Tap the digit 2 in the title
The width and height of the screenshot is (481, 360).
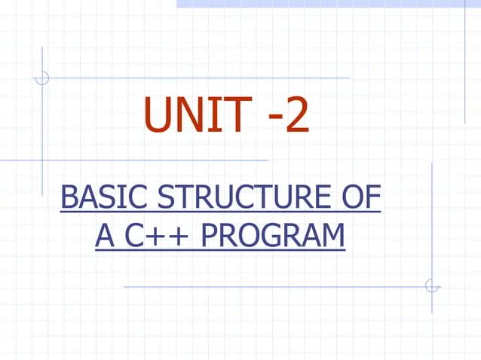coord(296,117)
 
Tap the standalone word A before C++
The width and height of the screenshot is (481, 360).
coord(105,236)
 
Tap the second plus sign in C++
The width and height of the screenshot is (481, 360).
coord(182,237)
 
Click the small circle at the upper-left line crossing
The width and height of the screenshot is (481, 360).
coord(43,77)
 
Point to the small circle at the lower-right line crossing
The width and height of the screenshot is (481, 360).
coord(432,286)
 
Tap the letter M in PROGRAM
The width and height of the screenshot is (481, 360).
coord(331,236)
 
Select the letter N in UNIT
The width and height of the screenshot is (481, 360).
coord(191,117)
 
